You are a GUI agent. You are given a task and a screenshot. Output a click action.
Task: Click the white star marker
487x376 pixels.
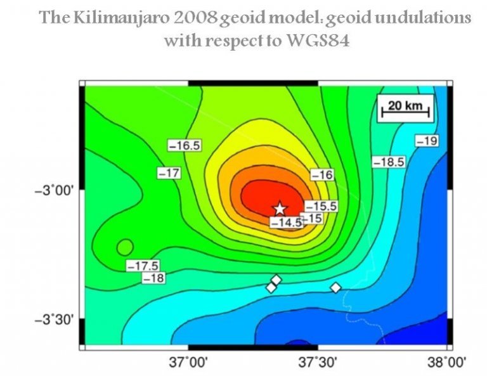tap(280, 208)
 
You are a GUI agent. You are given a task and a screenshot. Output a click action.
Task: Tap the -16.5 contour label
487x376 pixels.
tap(185, 145)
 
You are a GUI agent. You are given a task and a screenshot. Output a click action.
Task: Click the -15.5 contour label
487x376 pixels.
tap(321, 206)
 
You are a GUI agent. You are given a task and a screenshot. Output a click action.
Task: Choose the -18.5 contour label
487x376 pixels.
tap(388, 162)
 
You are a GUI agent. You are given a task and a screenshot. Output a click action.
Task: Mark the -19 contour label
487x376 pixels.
tap(426, 141)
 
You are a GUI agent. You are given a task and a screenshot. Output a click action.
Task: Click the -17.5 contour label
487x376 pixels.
tap(143, 265)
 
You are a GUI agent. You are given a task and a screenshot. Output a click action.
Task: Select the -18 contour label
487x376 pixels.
tap(154, 278)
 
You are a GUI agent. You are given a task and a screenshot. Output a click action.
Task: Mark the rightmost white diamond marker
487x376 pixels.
tap(335, 288)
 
